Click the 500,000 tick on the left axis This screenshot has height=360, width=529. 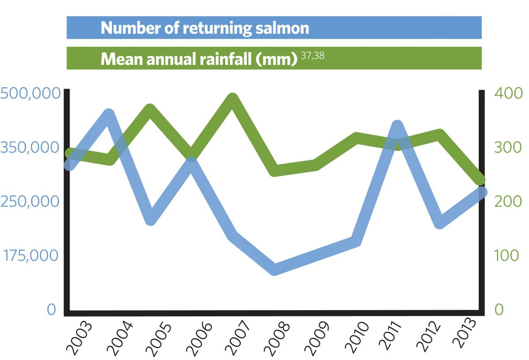pyautogui.click(x=30, y=94)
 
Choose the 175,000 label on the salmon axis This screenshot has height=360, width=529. pyautogui.click(x=30, y=255)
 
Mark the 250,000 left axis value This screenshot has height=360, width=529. pyautogui.click(x=30, y=201)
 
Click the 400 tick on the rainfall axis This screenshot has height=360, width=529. pyautogui.click(x=508, y=94)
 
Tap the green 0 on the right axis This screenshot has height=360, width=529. pyautogui.click(x=499, y=310)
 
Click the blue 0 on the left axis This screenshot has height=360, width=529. pyautogui.click(x=52, y=310)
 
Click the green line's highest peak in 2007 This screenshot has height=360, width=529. pyautogui.click(x=233, y=98)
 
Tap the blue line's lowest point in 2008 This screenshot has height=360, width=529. pyautogui.click(x=274, y=269)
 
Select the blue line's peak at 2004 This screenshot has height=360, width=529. pyautogui.click(x=109, y=114)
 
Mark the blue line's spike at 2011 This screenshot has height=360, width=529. pyautogui.click(x=397, y=125)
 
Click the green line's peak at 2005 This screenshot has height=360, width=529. pyautogui.click(x=150, y=109)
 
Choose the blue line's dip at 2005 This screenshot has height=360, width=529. pyautogui.click(x=150, y=219)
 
